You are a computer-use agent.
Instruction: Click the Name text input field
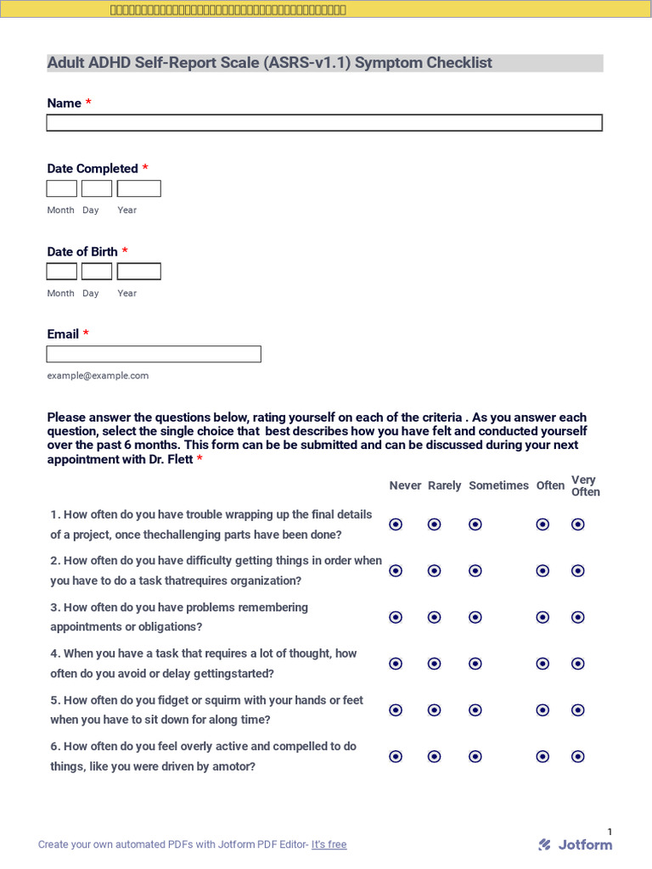324,123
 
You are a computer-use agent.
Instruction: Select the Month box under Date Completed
61,188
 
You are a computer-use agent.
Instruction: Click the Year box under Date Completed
138,188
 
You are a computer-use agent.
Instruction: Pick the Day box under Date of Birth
97,272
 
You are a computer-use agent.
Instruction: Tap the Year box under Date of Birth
138,272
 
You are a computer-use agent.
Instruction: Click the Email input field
154,354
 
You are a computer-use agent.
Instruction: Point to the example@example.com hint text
98,375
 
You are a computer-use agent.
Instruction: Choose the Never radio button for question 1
396,524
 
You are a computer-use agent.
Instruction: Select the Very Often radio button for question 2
578,571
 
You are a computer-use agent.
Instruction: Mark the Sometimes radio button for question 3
475,617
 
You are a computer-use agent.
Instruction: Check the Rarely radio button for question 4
435,664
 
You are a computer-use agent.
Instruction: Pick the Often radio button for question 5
542,709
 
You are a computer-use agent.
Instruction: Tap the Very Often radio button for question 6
578,756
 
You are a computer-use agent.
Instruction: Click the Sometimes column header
498,485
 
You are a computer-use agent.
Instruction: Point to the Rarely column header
444,485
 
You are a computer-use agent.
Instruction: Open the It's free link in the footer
329,844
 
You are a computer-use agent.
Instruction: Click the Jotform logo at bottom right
576,844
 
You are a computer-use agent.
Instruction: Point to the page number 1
610,832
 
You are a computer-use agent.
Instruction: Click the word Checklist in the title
458,63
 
